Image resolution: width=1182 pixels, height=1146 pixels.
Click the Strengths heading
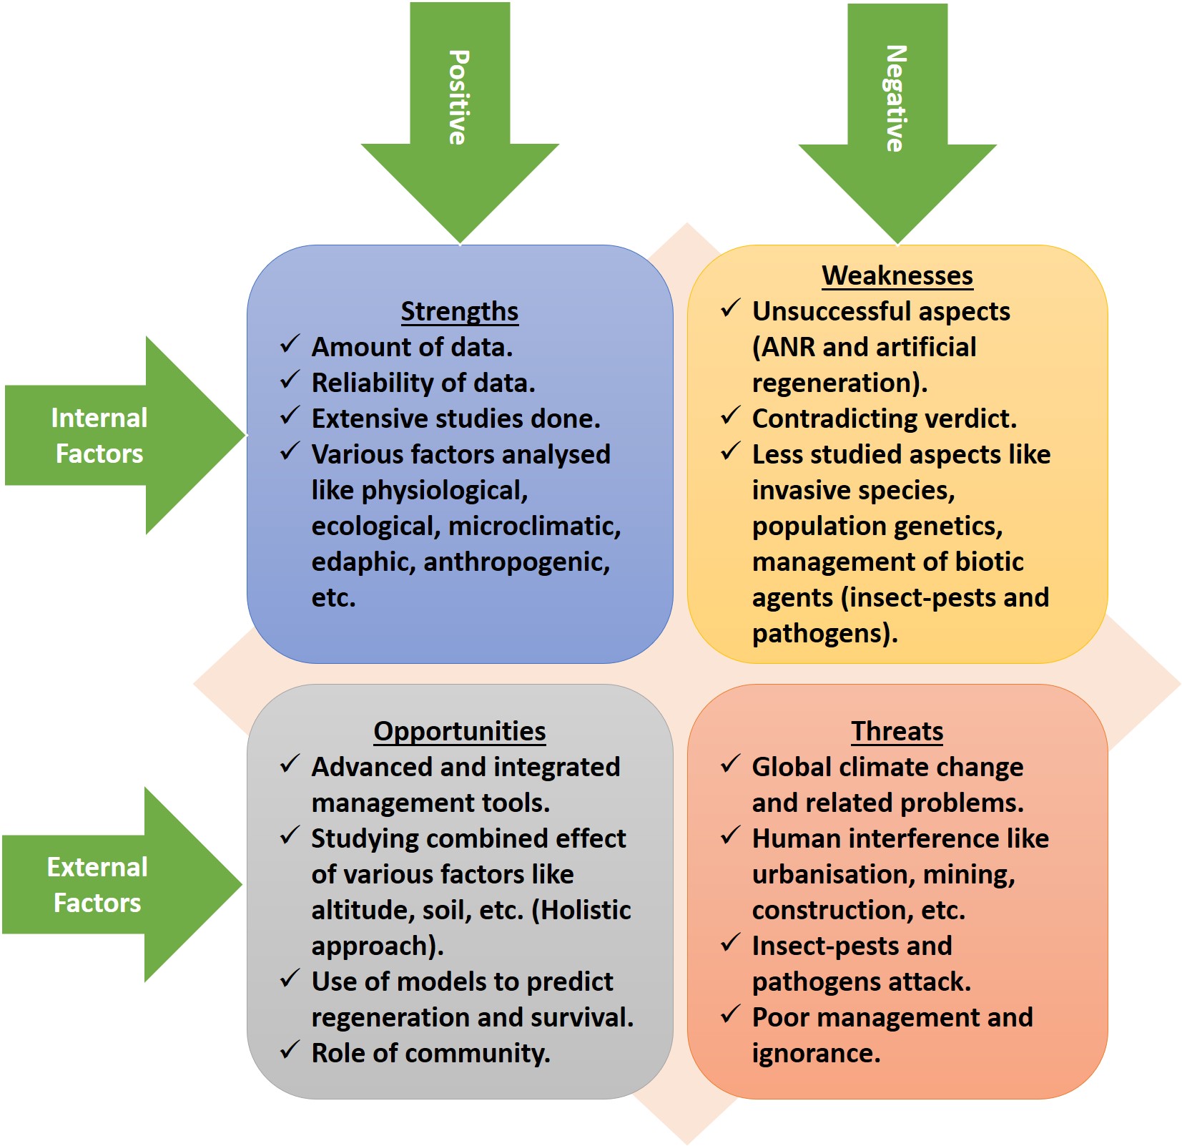459,311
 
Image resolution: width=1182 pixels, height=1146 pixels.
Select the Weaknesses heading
897,275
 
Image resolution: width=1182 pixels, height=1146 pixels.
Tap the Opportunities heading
459,731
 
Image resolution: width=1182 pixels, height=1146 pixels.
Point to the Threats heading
897,731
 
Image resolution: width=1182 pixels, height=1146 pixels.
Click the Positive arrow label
458,97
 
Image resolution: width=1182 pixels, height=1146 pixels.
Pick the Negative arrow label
896,99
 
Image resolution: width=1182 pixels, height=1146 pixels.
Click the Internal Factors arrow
100,436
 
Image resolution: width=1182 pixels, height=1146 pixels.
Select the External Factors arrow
98,885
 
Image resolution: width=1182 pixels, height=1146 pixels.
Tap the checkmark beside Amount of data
290,344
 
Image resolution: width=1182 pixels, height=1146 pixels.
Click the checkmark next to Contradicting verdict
730,416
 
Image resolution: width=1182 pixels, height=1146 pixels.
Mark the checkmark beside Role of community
290,1050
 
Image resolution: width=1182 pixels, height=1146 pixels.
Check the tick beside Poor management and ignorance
730,1014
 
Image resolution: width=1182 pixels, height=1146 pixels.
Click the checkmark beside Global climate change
730,764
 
